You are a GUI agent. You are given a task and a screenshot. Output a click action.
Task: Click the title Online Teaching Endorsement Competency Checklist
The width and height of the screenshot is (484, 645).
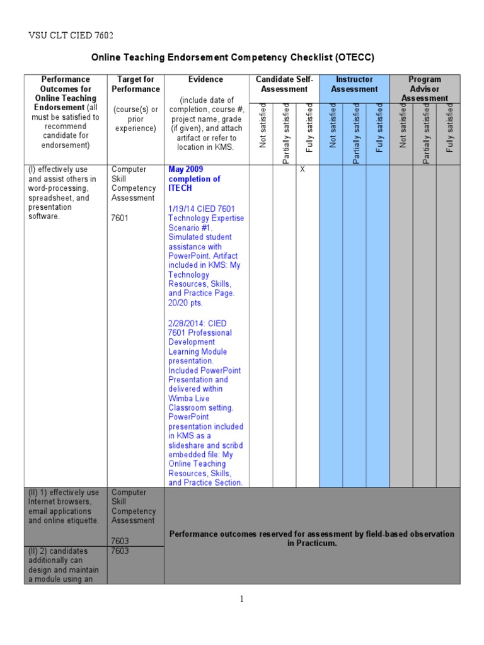(233, 57)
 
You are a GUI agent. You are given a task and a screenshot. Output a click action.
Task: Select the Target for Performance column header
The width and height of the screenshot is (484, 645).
(134, 84)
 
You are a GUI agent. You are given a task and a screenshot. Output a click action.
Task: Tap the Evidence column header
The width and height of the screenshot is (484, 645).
(205, 80)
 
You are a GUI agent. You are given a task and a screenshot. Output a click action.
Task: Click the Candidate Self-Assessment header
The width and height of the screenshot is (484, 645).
(284, 84)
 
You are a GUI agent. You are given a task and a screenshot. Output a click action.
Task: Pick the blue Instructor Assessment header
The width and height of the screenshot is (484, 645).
(354, 84)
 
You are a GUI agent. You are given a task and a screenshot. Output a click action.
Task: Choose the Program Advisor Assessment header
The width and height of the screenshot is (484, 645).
(424, 89)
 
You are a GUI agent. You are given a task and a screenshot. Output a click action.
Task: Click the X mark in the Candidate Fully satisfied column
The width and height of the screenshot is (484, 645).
(302, 169)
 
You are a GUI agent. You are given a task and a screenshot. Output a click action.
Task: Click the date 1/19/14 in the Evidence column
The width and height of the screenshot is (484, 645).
(183, 208)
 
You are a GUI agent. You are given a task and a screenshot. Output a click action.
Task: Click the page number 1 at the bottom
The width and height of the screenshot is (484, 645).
(241, 599)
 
